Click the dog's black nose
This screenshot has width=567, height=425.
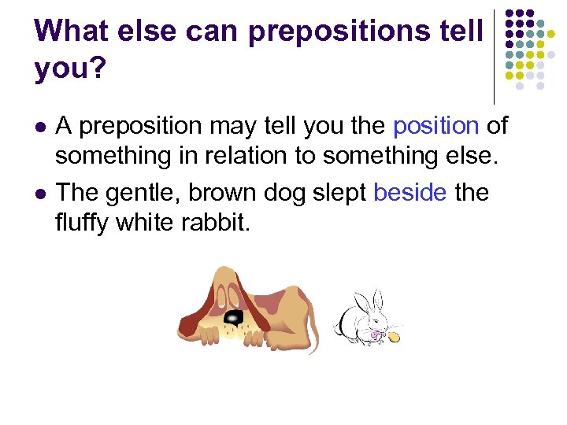coord(234,317)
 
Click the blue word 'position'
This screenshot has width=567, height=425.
coord(435,125)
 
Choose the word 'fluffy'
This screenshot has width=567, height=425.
coord(82,223)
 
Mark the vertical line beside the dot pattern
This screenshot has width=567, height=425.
coord(494,55)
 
